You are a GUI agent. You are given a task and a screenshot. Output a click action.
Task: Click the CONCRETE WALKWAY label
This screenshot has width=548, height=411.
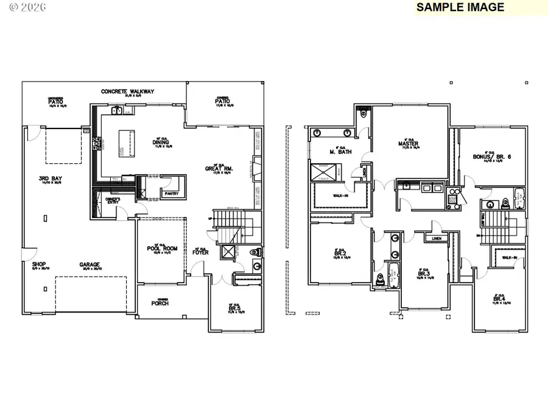click(x=127, y=92)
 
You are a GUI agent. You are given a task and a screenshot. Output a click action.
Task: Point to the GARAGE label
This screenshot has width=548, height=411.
click(x=90, y=264)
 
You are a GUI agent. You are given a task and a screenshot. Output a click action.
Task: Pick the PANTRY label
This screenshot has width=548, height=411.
click(x=169, y=194)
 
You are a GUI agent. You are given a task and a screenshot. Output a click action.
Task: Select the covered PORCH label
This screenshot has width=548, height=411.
click(x=160, y=303)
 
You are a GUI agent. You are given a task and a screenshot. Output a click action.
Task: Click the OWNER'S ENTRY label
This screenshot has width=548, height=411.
click(x=110, y=200)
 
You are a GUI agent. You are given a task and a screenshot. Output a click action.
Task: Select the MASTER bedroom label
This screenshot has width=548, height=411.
click(x=409, y=144)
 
